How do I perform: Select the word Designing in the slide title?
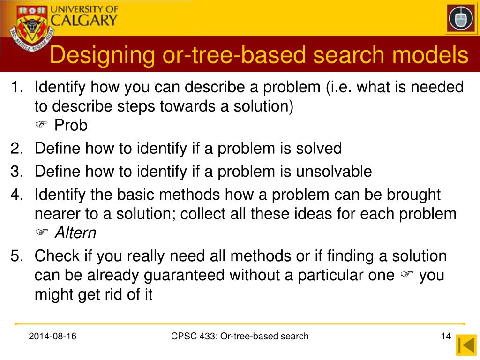103,55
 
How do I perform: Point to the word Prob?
71,126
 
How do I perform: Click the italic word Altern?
75,232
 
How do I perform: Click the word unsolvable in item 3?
333,172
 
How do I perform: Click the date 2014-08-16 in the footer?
53,336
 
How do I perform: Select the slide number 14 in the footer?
445,336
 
